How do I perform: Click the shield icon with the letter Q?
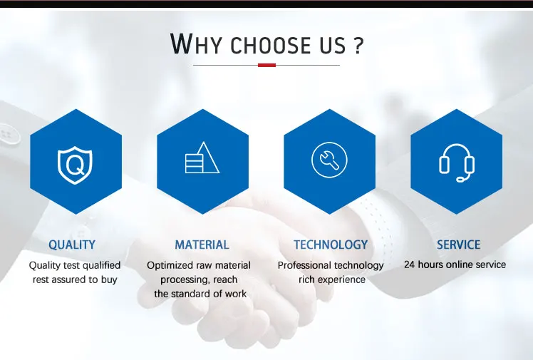pos(75,165)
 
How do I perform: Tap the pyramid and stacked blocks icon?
pos(202,158)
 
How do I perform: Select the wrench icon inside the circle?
pos(329,160)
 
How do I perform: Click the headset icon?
pos(457,162)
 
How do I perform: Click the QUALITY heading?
pos(72,245)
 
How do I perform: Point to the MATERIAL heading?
pos(202,245)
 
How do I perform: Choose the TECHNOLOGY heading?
pos(331,245)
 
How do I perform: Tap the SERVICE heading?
pos(459,245)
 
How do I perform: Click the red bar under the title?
pos(266,65)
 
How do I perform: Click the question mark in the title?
pos(358,46)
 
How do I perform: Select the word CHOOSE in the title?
pos(271,46)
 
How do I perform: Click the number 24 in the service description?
pos(409,264)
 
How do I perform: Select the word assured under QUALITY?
pos(69,279)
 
